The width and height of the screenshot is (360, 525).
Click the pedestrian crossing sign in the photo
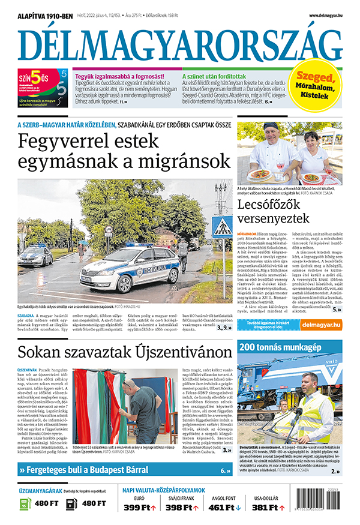click(223, 227)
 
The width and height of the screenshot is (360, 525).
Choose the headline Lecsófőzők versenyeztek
click(274, 211)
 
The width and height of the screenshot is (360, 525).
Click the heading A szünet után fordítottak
click(214, 77)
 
